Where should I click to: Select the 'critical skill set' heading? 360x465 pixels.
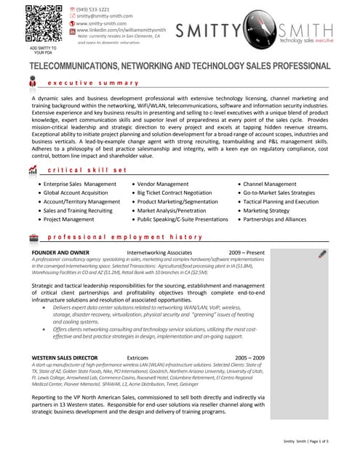tap(87, 169)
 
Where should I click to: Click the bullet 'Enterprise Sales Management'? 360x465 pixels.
tap(79, 185)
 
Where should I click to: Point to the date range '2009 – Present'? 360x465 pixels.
tap(245, 252)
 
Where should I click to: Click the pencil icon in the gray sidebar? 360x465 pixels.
tap(322, 254)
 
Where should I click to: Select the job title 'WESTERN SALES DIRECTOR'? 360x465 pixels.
tap(65, 358)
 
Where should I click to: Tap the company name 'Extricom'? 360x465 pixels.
tap(137, 358)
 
